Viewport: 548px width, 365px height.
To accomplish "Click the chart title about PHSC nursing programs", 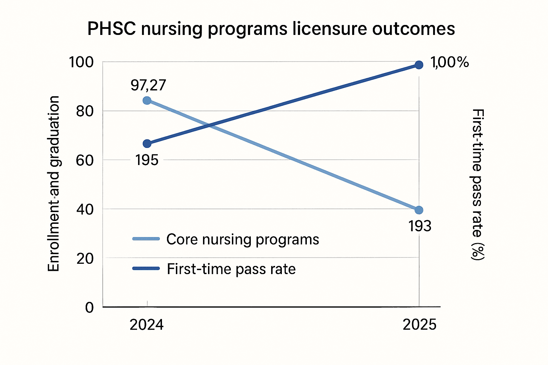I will tap(271, 29).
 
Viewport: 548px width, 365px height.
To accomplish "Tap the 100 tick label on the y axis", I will tap(81, 62).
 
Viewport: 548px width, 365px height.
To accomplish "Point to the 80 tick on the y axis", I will tap(85, 111).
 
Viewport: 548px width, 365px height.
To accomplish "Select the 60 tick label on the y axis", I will tap(85, 160).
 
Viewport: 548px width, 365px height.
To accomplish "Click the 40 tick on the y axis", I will tap(85, 209).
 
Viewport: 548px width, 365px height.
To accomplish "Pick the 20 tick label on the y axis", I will tap(85, 258).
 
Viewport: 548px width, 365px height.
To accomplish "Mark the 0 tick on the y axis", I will tap(89, 307).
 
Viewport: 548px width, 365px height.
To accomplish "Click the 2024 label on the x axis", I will tap(147, 325).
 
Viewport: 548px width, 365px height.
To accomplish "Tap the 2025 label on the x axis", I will tap(420, 325).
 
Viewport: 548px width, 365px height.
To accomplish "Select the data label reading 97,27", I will tap(148, 85).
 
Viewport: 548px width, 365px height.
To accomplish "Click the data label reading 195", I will tap(147, 160).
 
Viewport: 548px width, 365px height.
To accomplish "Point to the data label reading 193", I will tap(420, 226).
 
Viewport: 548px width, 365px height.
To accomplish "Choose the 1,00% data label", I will tap(450, 63).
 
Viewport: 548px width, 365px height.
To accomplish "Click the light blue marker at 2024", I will tap(147, 101).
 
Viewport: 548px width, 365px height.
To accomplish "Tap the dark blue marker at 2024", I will tap(147, 144).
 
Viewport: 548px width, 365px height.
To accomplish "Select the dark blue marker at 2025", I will tap(419, 65).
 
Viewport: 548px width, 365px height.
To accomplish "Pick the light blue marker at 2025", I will tap(419, 210).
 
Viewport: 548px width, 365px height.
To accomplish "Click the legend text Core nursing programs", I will tap(243, 239).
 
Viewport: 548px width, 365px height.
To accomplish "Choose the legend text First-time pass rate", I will tap(231, 269).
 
